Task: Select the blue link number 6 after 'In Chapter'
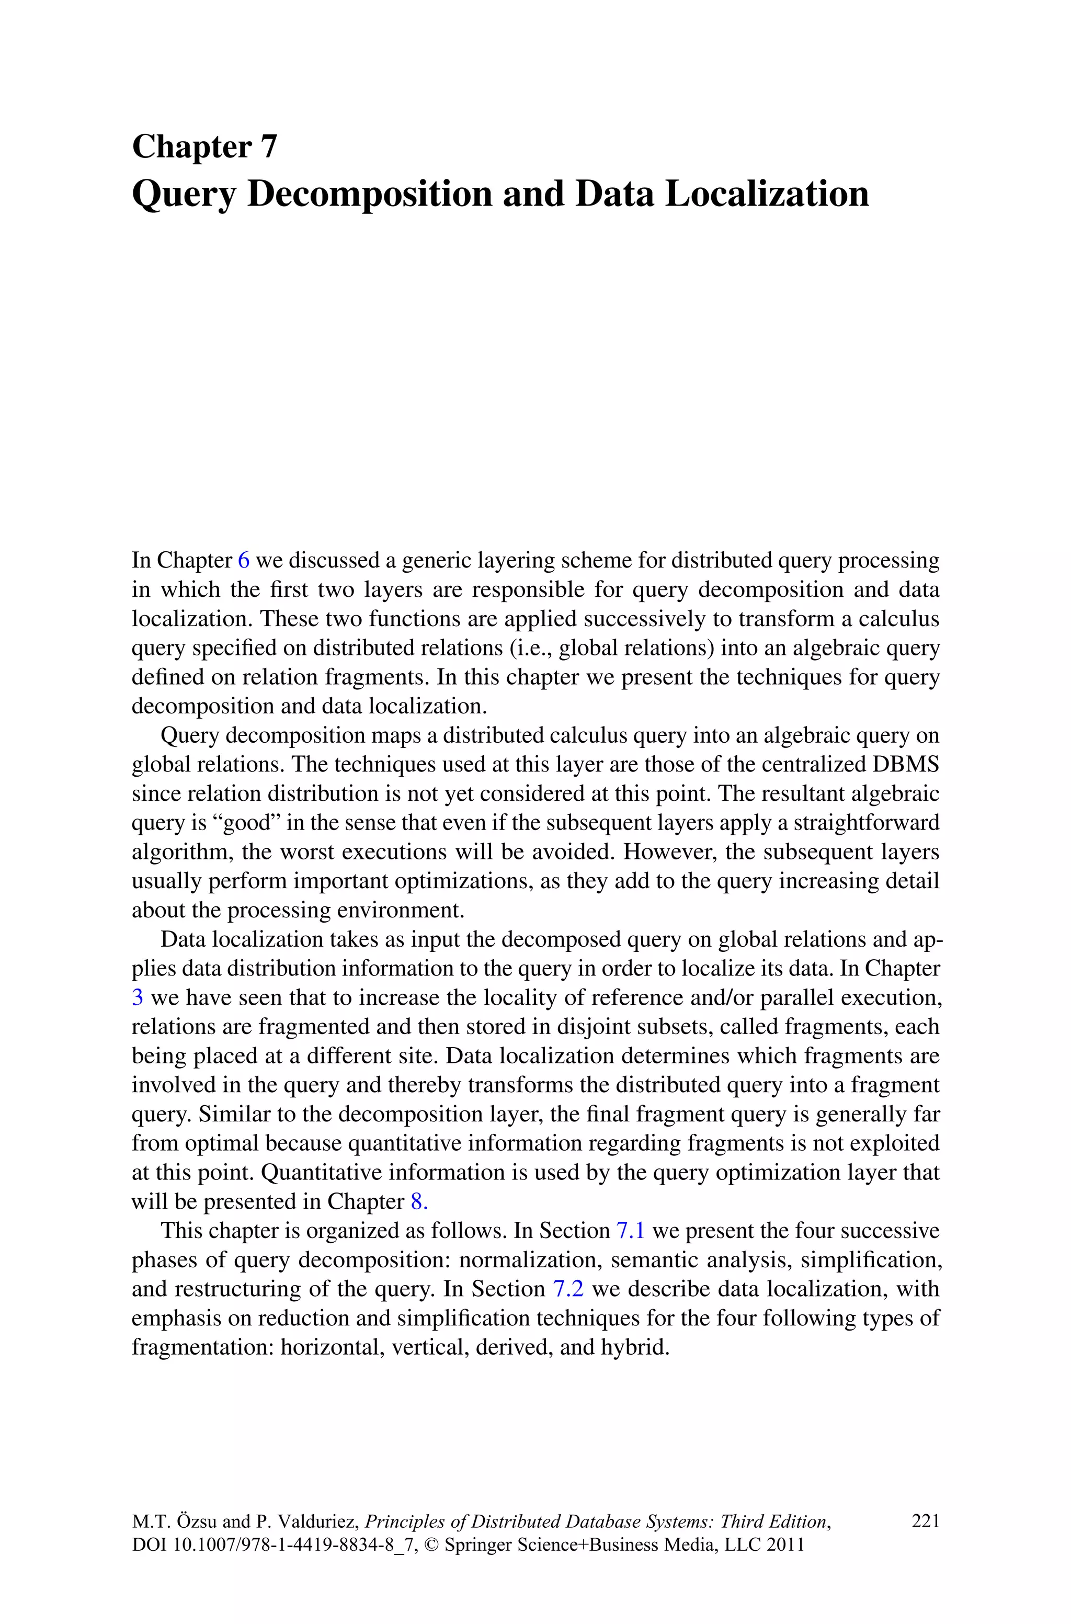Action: (243, 561)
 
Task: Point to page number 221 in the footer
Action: (926, 1521)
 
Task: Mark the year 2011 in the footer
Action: (785, 1545)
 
